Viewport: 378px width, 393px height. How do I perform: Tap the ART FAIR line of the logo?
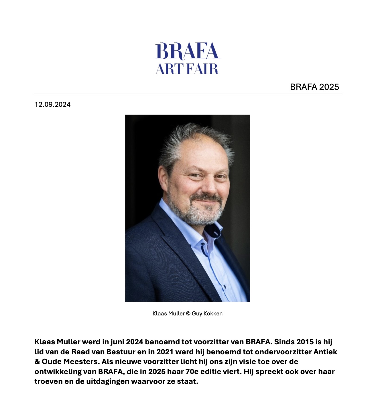click(x=187, y=69)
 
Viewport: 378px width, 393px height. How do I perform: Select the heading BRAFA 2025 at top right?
click(x=314, y=87)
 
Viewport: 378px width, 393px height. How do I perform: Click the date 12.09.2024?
click(x=52, y=104)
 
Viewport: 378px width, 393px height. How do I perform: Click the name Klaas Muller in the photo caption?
click(x=168, y=313)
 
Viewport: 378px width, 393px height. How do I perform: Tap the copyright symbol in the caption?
click(x=188, y=313)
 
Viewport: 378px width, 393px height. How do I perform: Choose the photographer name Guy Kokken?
click(x=207, y=313)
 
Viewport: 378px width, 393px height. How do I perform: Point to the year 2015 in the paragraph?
click(x=305, y=342)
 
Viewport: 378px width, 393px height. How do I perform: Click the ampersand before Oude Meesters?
click(x=37, y=362)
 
